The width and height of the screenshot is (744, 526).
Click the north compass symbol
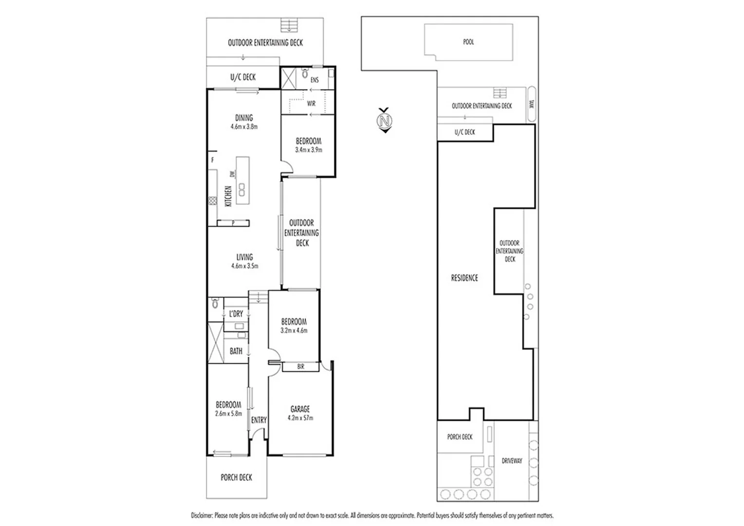[x=385, y=120]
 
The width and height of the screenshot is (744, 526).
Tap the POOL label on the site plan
[x=468, y=42]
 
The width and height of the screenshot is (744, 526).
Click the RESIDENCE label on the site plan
[x=464, y=278]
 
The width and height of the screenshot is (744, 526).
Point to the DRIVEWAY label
[x=512, y=460]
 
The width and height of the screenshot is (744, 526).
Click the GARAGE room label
[x=300, y=410]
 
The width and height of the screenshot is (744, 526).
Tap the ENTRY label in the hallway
[x=259, y=420]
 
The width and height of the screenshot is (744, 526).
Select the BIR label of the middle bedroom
[x=300, y=367]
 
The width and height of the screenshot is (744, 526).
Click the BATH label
[x=236, y=351]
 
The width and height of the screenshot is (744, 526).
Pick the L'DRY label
[x=236, y=314]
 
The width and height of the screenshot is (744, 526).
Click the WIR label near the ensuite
[x=311, y=104]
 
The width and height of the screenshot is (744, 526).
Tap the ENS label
[x=315, y=80]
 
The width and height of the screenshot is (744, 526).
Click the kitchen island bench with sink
[x=242, y=181]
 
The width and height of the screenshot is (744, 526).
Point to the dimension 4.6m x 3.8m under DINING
[x=244, y=127]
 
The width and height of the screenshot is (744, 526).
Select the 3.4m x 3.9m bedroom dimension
[x=308, y=150]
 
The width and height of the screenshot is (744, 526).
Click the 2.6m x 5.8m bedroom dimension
[x=228, y=414]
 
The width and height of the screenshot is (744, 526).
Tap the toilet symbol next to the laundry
[x=215, y=304]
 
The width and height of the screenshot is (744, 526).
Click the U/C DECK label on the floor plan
[x=242, y=77]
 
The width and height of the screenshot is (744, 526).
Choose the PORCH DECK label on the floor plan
[x=236, y=477]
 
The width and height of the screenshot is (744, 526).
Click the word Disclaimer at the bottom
[x=202, y=515]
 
